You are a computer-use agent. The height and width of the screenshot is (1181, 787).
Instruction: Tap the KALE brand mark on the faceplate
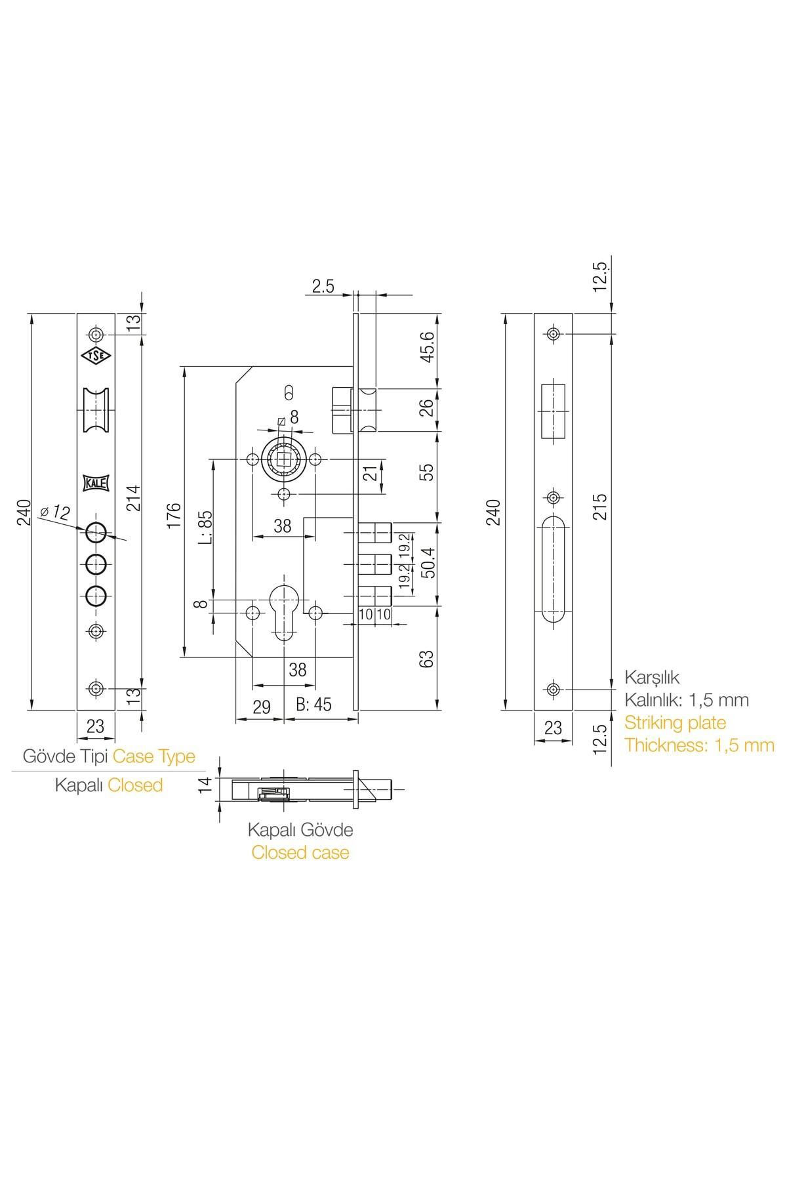pos(96,483)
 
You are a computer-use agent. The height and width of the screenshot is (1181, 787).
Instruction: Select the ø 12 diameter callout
pos(54,512)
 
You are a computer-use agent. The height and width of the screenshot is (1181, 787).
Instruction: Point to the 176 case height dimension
pos(173,516)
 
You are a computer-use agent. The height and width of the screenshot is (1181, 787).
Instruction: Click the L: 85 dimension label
pos(205,528)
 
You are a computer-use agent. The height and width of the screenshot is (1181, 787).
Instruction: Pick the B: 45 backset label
pos(313,705)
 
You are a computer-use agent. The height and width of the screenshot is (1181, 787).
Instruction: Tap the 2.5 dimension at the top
pos(323,286)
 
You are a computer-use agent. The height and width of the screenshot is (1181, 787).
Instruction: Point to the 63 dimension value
pos(427,659)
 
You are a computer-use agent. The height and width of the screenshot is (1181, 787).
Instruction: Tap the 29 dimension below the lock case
pos(261,707)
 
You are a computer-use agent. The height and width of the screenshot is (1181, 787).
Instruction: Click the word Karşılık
pos(652,677)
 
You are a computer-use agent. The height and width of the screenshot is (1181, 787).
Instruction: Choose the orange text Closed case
pos(300,852)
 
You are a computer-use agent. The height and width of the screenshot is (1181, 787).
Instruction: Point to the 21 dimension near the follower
pos(371,472)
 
